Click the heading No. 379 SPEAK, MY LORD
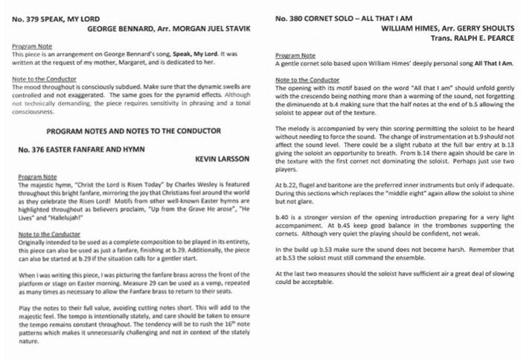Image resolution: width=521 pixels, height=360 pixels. pyautogui.click(x=58, y=18)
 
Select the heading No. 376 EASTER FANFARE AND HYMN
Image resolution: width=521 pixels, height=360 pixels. pyautogui.click(x=77, y=150)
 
